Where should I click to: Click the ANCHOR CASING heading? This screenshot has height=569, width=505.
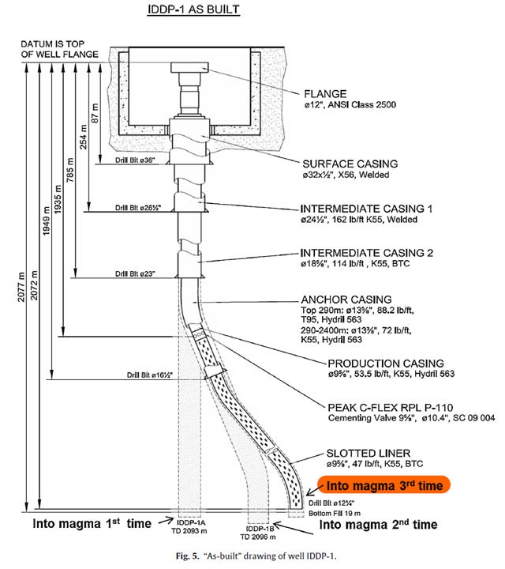tap(347, 300)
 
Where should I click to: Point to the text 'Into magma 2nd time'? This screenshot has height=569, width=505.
tap(380, 524)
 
